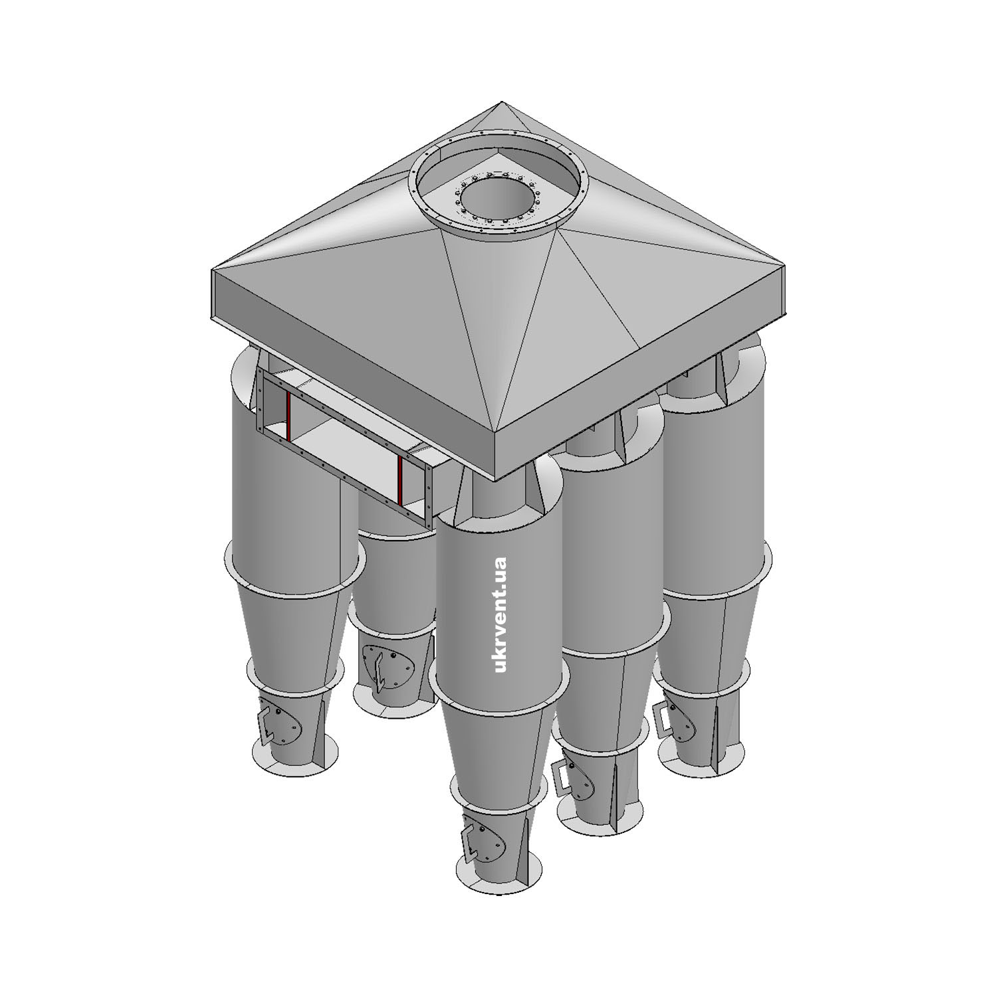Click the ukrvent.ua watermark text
tap(501, 614)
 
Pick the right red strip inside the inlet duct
tap(401, 480)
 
